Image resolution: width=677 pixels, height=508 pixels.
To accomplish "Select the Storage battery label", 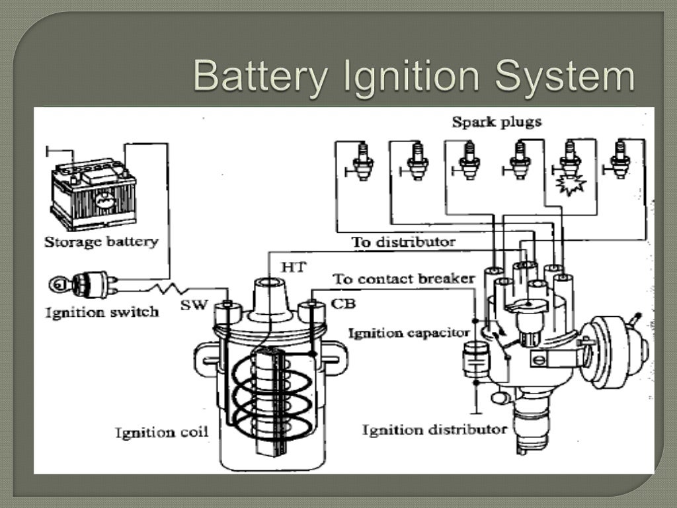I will pyautogui.click(x=101, y=241).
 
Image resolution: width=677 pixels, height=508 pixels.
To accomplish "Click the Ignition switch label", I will pyautogui.click(x=101, y=312).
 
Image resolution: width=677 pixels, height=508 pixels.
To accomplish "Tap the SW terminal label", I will pyautogui.click(x=194, y=305).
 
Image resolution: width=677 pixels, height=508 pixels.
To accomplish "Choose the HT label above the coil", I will pyautogui.click(x=292, y=267).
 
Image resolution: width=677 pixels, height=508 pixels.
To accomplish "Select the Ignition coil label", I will pyautogui.click(x=161, y=433).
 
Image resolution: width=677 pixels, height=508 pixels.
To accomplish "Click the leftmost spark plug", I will pyautogui.click(x=363, y=161).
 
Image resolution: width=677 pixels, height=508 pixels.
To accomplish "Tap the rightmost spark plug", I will pyautogui.click(x=619, y=159).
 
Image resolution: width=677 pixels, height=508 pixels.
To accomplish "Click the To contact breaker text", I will pyautogui.click(x=403, y=278).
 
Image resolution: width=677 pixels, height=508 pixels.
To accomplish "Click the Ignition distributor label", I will pyautogui.click(x=434, y=430).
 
